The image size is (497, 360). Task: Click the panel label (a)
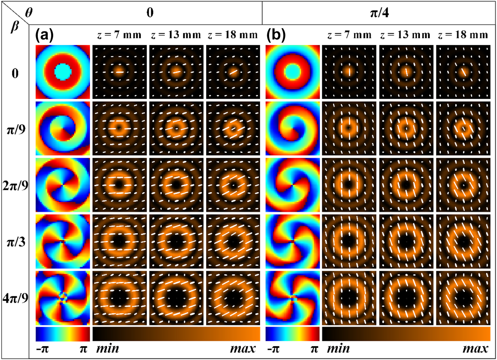pos(45,35)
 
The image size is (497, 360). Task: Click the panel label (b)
pos(276,35)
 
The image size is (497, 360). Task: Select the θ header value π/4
pos(379,13)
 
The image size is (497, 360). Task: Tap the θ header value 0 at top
pos(150,13)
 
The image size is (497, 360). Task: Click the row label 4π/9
pos(15,298)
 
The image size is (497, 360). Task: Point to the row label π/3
pos(16,242)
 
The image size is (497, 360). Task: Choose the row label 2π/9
pos(15,185)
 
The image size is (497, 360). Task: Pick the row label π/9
pos(16,130)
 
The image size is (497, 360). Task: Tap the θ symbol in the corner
pos(28,13)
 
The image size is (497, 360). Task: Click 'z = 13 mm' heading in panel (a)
pos(176,35)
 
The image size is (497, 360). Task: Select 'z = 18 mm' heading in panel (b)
pos(463,35)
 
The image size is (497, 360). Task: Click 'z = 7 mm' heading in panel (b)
pos(349,35)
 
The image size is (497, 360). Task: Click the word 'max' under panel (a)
pos(243,349)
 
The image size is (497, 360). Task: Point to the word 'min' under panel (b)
pos(338,349)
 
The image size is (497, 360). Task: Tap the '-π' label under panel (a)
pos(42,349)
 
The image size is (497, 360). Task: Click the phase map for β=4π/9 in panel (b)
pos(293,298)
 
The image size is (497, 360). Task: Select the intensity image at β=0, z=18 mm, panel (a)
pos(233,72)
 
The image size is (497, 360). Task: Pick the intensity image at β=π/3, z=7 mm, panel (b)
pos(349,241)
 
